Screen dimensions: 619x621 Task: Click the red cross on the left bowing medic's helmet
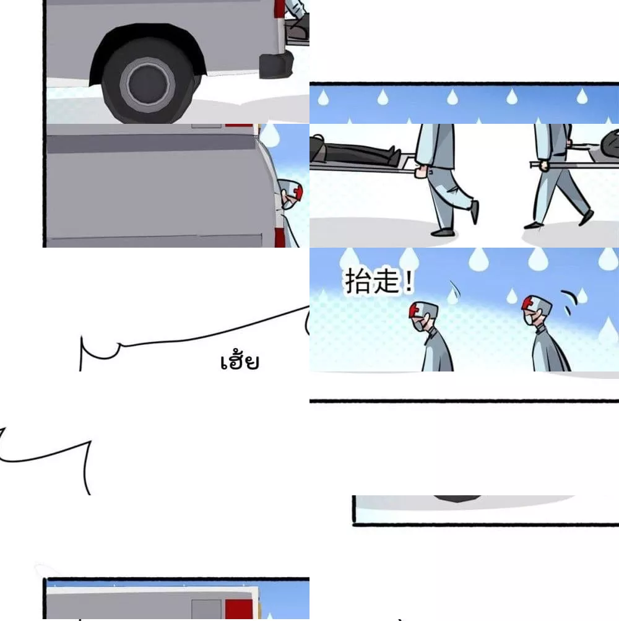pyautogui.click(x=414, y=311)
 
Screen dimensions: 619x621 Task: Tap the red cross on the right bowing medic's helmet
pyautogui.click(x=527, y=303)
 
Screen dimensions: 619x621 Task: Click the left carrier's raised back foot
pyautogui.click(x=474, y=212)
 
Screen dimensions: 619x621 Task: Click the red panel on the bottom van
pyautogui.click(x=239, y=609)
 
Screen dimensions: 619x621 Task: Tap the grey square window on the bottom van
pyautogui.click(x=206, y=609)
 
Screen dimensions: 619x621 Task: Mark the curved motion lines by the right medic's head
pyautogui.click(x=569, y=301)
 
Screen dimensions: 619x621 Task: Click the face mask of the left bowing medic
pyautogui.click(x=419, y=326)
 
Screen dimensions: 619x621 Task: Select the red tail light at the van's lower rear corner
pyautogui.click(x=280, y=238)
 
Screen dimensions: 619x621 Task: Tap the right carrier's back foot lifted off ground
pyautogui.click(x=587, y=217)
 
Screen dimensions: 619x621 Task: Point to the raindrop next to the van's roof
pyautogui.click(x=271, y=134)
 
